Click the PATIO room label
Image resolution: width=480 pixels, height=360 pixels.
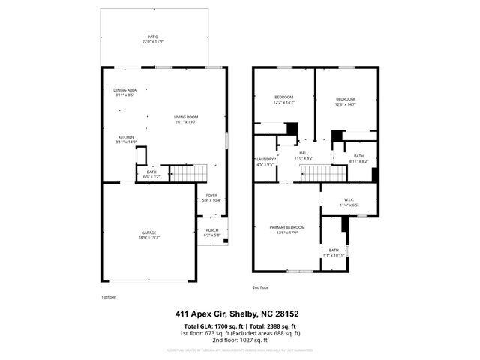(x=152, y=37)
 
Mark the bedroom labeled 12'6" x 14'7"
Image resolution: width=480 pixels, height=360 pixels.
(x=345, y=101)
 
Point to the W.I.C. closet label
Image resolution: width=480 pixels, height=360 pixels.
(x=349, y=202)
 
